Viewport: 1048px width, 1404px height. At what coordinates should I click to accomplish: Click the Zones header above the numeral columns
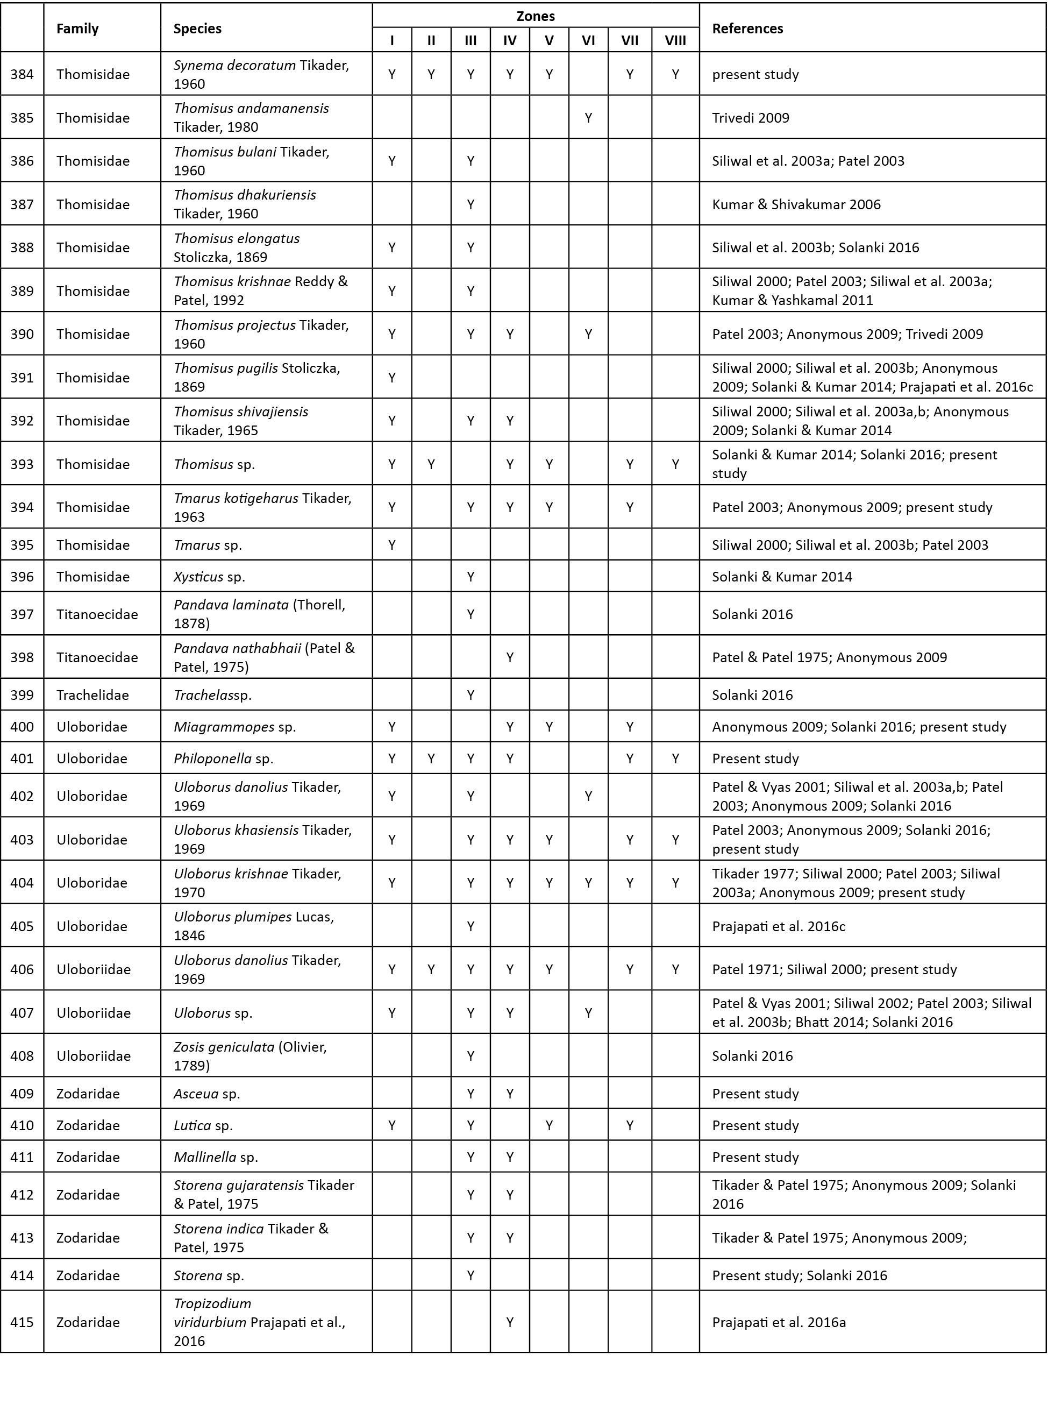536,16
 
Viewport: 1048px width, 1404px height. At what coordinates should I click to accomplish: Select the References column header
747,29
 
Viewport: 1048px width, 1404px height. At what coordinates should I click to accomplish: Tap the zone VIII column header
675,41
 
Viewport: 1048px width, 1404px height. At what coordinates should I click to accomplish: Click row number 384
22,74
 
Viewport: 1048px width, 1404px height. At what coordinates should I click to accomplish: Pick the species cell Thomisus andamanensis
251,117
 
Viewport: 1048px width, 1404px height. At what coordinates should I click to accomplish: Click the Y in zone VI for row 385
588,117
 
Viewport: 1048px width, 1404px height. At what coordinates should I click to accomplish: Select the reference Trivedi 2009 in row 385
751,118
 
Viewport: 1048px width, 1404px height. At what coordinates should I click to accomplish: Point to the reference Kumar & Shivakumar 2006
796,204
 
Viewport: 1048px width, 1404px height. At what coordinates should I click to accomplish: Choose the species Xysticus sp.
209,577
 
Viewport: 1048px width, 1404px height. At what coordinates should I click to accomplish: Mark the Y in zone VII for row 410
629,1125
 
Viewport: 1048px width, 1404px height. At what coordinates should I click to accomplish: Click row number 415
22,1322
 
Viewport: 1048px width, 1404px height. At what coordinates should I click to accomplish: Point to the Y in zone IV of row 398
509,657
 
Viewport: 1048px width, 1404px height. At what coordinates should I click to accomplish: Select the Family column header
77,29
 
